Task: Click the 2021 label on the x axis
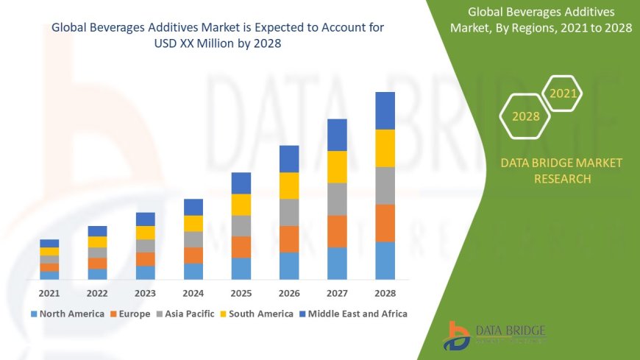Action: click(x=49, y=293)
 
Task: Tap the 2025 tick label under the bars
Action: click(x=241, y=293)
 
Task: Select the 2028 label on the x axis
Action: click(x=385, y=293)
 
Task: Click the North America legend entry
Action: click(x=68, y=314)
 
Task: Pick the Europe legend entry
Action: click(x=132, y=314)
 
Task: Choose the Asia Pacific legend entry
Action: click(x=185, y=314)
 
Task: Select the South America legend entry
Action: click(x=257, y=314)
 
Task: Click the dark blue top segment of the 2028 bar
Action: click(x=385, y=110)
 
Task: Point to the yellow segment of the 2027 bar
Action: click(x=337, y=166)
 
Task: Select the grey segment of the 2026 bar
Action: click(x=289, y=212)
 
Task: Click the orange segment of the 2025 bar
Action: click(x=241, y=247)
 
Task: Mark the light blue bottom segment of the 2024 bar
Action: click(x=193, y=271)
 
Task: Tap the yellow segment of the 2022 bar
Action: click(x=97, y=241)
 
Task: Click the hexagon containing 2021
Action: click(x=563, y=93)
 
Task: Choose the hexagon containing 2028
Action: click(x=525, y=116)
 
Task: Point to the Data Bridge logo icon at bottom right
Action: click(x=458, y=336)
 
